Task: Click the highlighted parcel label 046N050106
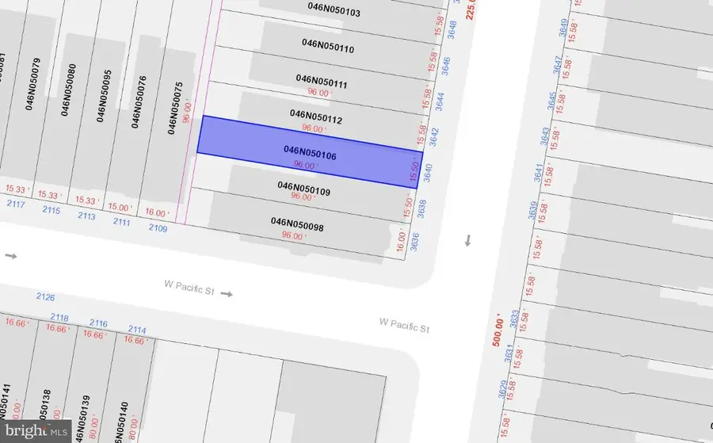coord(310,153)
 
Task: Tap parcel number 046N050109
coord(303,187)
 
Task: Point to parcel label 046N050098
coord(297,223)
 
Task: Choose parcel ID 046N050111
coord(322,81)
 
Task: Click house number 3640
coord(428,173)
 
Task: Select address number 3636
coord(415,241)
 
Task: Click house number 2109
coord(158,229)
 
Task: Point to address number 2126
coord(45,296)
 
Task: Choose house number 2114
coord(137,330)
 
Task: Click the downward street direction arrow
coord(467,240)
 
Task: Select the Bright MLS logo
coord(36,431)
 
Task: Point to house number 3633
coord(515,319)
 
